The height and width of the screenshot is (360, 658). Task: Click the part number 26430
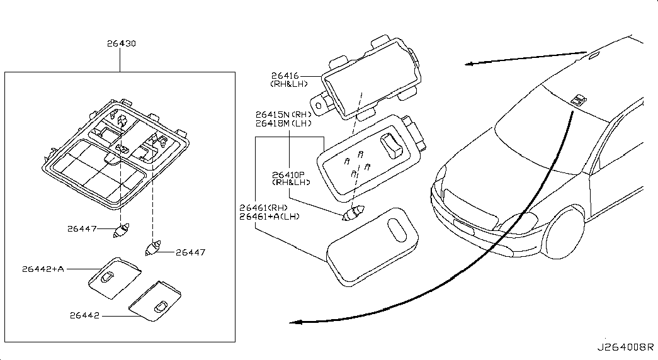[121, 43]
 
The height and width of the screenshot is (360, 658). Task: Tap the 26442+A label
[43, 269]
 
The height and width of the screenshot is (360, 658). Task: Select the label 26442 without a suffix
[85, 315]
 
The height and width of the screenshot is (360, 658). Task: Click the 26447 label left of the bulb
[82, 228]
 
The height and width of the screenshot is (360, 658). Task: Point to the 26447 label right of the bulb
[191, 252]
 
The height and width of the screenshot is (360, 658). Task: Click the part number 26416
[285, 76]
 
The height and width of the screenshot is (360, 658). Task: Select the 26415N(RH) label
[284, 115]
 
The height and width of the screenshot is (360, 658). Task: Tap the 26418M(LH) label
[284, 123]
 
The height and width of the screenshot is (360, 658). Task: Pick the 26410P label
[288, 174]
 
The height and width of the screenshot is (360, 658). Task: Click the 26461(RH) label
[264, 208]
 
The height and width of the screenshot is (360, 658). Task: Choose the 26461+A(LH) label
[269, 217]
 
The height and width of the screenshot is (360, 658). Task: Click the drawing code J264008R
[626, 347]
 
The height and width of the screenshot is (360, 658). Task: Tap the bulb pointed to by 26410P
[353, 213]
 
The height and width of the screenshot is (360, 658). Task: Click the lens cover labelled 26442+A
[115, 278]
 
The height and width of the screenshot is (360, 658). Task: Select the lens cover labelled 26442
[155, 301]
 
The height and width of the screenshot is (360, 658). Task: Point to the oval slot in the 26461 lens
[396, 230]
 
